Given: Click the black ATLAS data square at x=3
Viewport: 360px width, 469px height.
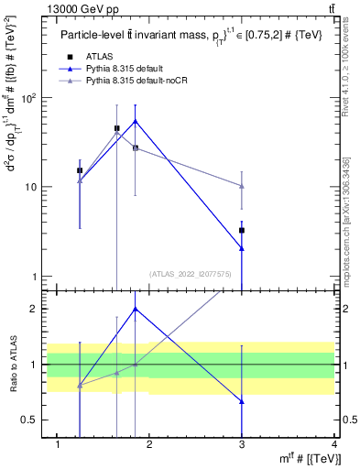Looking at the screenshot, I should pyautogui.click(x=242, y=230).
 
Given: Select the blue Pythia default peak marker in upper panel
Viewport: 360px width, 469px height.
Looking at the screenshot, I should pyautogui.click(x=136, y=121).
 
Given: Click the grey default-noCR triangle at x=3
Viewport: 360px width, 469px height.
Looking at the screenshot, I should pyautogui.click(x=242, y=186).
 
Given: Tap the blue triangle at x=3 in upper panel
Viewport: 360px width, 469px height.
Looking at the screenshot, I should pyautogui.click(x=242, y=248).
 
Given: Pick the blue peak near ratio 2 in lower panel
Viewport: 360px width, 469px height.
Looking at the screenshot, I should pyautogui.click(x=136, y=309).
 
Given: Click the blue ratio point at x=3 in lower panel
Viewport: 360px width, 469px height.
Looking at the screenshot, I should pyautogui.click(x=242, y=401).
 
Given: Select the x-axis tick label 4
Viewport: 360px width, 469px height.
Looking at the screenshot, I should pyautogui.click(x=334, y=446).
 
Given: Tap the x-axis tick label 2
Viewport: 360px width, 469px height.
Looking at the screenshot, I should pyautogui.click(x=150, y=446).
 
